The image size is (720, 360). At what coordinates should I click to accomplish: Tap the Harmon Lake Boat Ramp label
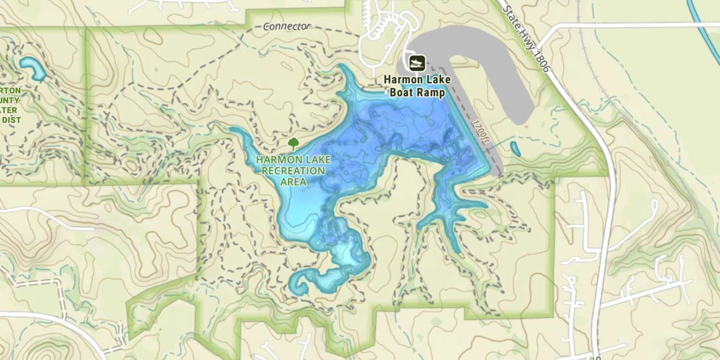pyautogui.click(x=417, y=86)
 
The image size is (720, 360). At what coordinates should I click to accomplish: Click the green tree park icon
pyautogui.click(x=293, y=143)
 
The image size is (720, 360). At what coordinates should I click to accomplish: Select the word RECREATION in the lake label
pyautogui.click(x=293, y=170)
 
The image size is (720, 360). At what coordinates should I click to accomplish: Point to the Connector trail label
pyautogui.click(x=287, y=26)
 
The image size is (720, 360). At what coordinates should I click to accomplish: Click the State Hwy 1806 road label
pyautogui.click(x=526, y=36)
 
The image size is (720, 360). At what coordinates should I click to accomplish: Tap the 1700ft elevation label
pyautogui.click(x=480, y=131)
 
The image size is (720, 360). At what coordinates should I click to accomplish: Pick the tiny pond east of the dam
pyautogui.click(x=515, y=149)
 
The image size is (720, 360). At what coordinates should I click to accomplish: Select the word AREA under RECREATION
pyautogui.click(x=293, y=181)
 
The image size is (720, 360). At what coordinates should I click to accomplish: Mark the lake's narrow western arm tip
pyautogui.click(x=235, y=130)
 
